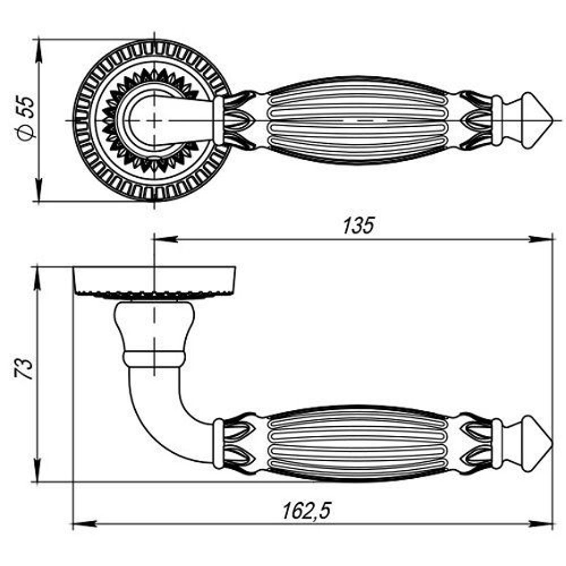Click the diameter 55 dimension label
point(25,117)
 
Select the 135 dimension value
point(358,226)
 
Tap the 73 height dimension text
point(24,368)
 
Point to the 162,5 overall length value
point(306,511)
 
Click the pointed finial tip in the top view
point(552,120)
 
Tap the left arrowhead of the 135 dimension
point(166,239)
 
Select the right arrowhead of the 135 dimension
point(541,239)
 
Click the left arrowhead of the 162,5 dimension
point(85,524)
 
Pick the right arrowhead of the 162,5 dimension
point(541,524)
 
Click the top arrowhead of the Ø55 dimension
point(40,51)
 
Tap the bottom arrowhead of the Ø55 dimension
point(40,190)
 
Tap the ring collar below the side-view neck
point(154,358)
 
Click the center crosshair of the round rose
point(155,120)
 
